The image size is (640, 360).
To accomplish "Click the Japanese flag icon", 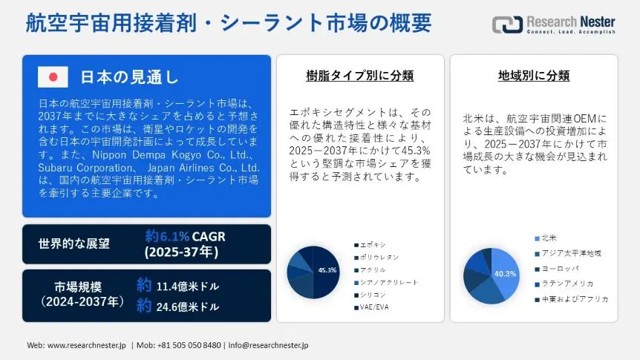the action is pos(53,76).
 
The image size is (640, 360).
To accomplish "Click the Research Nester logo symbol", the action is pos(507,24).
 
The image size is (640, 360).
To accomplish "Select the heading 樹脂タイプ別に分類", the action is pos(360,76).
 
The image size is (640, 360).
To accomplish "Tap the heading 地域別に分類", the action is pos(534,76).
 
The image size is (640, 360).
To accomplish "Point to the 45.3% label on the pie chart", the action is pos(327,270).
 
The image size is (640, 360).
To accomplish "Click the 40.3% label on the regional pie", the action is pos(505,274).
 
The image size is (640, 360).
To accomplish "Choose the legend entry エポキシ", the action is pos(370,245).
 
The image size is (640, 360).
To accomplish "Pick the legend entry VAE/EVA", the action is pos(371,307).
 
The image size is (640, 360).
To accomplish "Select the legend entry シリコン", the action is pos(370,295).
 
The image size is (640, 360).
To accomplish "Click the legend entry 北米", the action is pos(546,238).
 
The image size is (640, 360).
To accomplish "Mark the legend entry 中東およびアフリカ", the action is pos(572,299).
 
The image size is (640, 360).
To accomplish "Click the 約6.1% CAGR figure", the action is pos(186,236).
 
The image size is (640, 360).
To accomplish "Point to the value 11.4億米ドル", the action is pos(188,287).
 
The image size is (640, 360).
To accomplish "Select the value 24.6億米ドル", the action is pos(188,307).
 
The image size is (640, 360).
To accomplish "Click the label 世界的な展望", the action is pos(74,243).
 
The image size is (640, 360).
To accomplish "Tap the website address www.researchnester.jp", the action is pos(87,345).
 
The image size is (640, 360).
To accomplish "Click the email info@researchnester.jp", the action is pos(268,345).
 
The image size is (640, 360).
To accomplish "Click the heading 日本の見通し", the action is pos(129,76).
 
